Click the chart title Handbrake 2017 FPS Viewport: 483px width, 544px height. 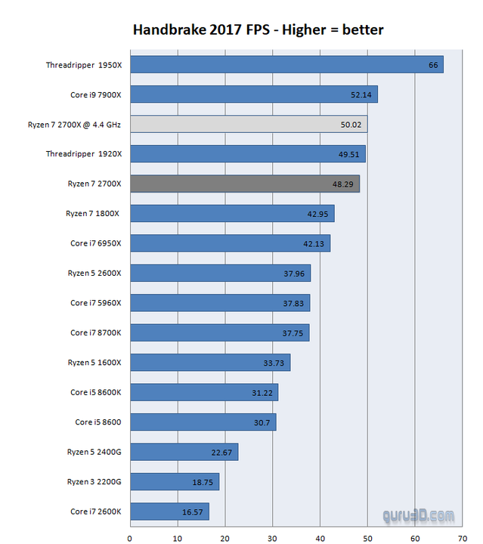pos(258,30)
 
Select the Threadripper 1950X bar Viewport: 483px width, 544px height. pos(287,65)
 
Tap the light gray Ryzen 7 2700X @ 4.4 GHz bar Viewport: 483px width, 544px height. pos(249,124)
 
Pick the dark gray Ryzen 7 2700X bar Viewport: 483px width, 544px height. pos(245,184)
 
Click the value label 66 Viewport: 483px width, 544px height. pos(433,65)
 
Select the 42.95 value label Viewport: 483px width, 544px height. pos(317,214)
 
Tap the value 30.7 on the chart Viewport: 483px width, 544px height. pos(261,422)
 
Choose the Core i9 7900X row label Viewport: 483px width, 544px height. pos(95,94)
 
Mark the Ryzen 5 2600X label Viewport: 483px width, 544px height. pos(94,274)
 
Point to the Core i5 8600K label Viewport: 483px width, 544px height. pos(95,392)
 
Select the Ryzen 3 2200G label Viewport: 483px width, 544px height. pos(94,482)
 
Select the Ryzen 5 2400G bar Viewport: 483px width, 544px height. pos(184,452)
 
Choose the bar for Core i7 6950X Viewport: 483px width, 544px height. pos(231,243)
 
